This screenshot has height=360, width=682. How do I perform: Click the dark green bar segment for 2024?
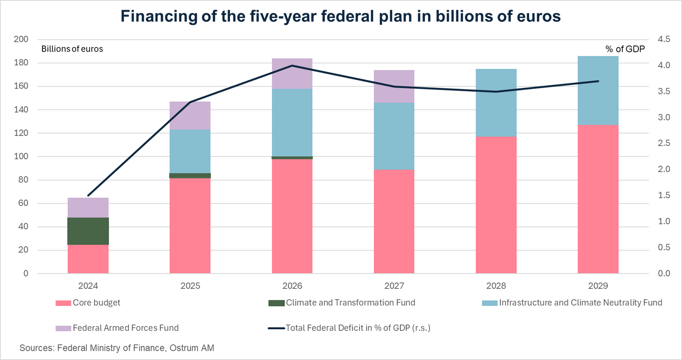88,231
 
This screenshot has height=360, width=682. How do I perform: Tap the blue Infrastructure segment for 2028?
496,103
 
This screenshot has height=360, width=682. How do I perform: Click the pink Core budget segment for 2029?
598,199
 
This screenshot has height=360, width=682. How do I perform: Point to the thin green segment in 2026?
292,157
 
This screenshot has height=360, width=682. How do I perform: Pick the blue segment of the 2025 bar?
190,151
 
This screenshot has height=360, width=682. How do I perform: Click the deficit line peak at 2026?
292,65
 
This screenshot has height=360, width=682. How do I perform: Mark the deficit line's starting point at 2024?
88,196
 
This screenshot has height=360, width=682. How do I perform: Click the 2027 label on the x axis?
394,286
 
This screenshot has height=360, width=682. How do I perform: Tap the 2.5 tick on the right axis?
664,143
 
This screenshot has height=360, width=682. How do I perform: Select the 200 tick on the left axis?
21,39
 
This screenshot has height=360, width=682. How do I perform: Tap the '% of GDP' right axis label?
625,49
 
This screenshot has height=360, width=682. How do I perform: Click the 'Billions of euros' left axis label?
72,49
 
